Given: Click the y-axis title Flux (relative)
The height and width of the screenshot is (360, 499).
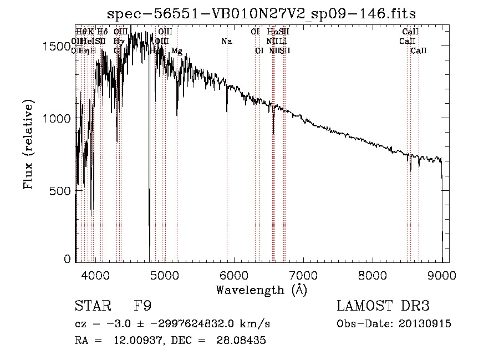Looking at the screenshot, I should [x=28, y=144].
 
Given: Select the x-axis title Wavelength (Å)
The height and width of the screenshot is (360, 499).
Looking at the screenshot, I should [x=261, y=290].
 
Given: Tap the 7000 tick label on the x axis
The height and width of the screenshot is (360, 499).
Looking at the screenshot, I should [x=303, y=275].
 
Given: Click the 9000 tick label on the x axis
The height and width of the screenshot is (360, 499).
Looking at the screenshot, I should [x=442, y=275].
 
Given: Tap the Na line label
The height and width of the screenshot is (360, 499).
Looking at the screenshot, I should [x=226, y=41].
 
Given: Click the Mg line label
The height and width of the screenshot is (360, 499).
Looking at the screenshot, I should [x=176, y=50].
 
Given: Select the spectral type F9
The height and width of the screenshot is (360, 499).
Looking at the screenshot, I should [x=142, y=306].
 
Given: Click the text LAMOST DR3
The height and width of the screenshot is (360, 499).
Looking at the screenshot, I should [x=383, y=306].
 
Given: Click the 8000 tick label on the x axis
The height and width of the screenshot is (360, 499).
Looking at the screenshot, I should [x=373, y=275].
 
